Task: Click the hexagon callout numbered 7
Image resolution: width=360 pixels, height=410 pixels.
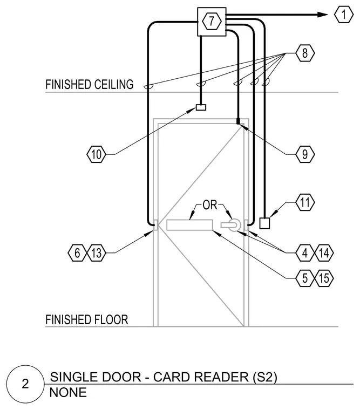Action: click(x=212, y=21)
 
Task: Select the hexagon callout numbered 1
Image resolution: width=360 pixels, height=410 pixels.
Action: click(x=343, y=15)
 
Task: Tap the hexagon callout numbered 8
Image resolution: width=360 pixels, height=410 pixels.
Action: click(x=305, y=53)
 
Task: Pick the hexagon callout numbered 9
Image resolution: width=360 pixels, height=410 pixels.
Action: click(x=305, y=154)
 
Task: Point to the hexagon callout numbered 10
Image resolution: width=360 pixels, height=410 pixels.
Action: click(x=96, y=154)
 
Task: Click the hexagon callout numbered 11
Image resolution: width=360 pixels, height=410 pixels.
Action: click(x=305, y=202)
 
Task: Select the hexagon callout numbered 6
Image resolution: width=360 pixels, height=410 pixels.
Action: click(x=77, y=253)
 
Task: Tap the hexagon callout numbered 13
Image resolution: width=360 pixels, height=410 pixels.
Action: click(x=97, y=253)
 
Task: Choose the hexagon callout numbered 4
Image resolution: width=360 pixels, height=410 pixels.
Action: click(x=305, y=253)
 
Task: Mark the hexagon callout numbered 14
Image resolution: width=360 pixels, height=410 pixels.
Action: click(x=324, y=253)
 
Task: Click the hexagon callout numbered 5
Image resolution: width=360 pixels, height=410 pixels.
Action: click(x=305, y=278)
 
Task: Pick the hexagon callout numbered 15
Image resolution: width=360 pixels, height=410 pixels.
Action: click(x=324, y=278)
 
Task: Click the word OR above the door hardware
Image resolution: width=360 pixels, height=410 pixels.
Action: click(x=210, y=205)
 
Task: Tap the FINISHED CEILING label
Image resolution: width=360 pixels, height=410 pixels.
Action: click(x=90, y=85)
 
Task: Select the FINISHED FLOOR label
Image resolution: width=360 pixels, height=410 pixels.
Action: click(x=86, y=319)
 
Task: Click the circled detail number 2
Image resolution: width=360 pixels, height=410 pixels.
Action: click(x=25, y=384)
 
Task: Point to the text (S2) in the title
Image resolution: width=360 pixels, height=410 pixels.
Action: click(x=265, y=377)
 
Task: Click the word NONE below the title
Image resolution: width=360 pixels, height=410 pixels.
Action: click(x=68, y=393)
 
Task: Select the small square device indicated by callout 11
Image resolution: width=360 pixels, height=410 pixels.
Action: click(x=264, y=223)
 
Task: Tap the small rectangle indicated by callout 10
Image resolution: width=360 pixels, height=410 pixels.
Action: click(x=201, y=107)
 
